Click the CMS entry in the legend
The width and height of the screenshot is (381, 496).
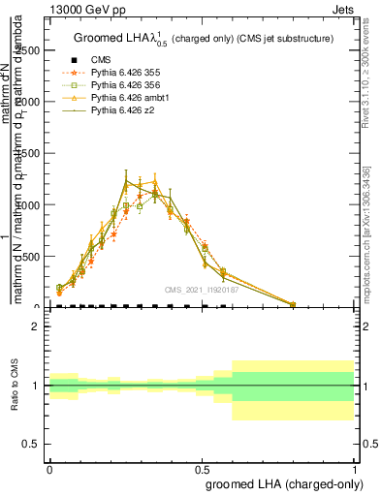100,59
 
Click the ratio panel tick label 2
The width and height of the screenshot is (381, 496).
36,326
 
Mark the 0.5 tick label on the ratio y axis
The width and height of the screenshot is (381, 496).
31,444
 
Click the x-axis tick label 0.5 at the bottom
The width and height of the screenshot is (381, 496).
202,470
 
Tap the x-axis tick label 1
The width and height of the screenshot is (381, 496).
354,470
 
